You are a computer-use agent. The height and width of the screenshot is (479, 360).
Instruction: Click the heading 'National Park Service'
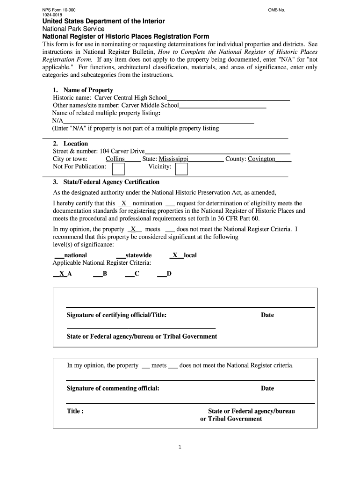click(x=73, y=29)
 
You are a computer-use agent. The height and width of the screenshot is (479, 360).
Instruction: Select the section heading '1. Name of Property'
click(x=83, y=90)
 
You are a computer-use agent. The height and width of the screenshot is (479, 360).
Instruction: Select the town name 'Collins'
click(x=115, y=159)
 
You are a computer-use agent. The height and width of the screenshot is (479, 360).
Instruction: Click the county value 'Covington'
click(x=261, y=159)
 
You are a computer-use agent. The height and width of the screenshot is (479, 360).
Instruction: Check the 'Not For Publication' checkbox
click(x=118, y=168)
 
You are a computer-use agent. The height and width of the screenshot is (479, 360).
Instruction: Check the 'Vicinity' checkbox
click(x=181, y=168)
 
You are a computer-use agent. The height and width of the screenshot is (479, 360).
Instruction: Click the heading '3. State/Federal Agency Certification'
click(x=106, y=182)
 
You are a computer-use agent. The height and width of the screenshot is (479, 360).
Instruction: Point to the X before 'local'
click(x=175, y=255)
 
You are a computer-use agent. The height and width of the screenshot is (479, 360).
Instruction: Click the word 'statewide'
click(x=138, y=255)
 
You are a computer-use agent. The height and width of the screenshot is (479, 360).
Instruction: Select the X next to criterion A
click(x=62, y=274)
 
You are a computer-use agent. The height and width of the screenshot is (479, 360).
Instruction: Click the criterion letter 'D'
click(x=169, y=274)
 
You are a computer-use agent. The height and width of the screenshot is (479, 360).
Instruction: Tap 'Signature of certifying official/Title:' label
click(x=116, y=315)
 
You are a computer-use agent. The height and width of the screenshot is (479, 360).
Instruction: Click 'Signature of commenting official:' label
click(x=113, y=388)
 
